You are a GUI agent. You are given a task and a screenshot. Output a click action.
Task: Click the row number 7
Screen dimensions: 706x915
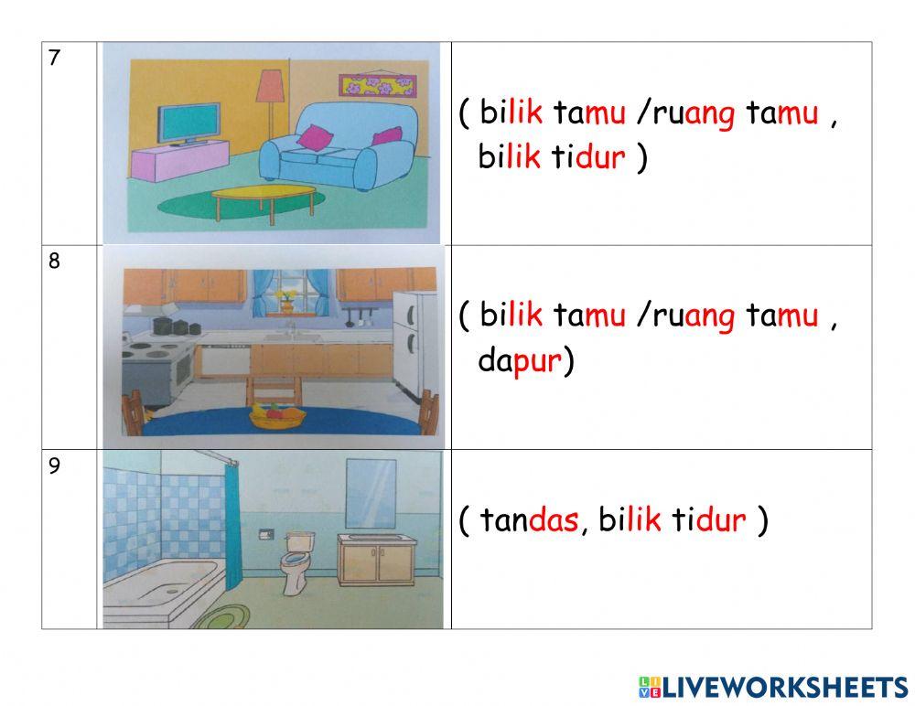(55, 59)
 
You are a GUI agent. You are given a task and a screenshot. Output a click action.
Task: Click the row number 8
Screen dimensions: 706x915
(55, 262)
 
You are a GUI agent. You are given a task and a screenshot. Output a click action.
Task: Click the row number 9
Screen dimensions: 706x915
(55, 466)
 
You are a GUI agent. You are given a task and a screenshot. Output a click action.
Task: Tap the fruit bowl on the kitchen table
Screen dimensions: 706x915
(278, 418)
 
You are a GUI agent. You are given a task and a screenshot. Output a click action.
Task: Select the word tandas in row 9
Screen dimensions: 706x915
(530, 521)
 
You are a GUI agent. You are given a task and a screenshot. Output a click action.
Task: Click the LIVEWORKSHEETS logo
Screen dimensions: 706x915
(772, 687)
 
